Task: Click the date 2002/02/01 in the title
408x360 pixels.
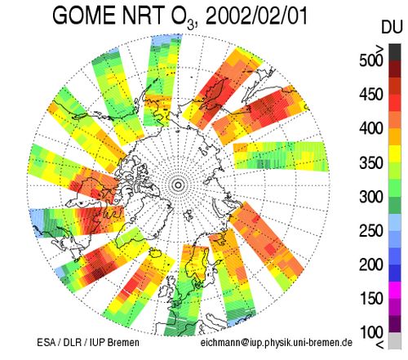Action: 256,16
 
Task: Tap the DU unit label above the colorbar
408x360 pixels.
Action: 392,27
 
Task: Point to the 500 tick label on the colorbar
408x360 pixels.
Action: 371,60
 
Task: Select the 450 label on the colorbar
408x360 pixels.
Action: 371,95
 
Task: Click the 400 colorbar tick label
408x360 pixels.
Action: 371,128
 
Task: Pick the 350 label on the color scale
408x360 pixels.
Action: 371,162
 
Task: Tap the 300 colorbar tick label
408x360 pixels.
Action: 371,197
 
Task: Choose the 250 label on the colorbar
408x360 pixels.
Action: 371,231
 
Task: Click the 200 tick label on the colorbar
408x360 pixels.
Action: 371,264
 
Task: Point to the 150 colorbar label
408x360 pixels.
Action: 371,299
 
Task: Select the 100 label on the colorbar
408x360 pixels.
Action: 371,332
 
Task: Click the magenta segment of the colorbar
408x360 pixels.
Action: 395,290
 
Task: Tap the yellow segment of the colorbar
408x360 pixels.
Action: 395,154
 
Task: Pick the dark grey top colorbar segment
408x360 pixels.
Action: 395,52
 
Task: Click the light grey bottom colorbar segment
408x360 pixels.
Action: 395,340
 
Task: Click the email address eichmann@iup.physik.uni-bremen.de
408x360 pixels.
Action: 277,343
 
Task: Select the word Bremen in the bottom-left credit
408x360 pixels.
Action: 123,342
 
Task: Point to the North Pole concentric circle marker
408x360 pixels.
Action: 178,185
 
